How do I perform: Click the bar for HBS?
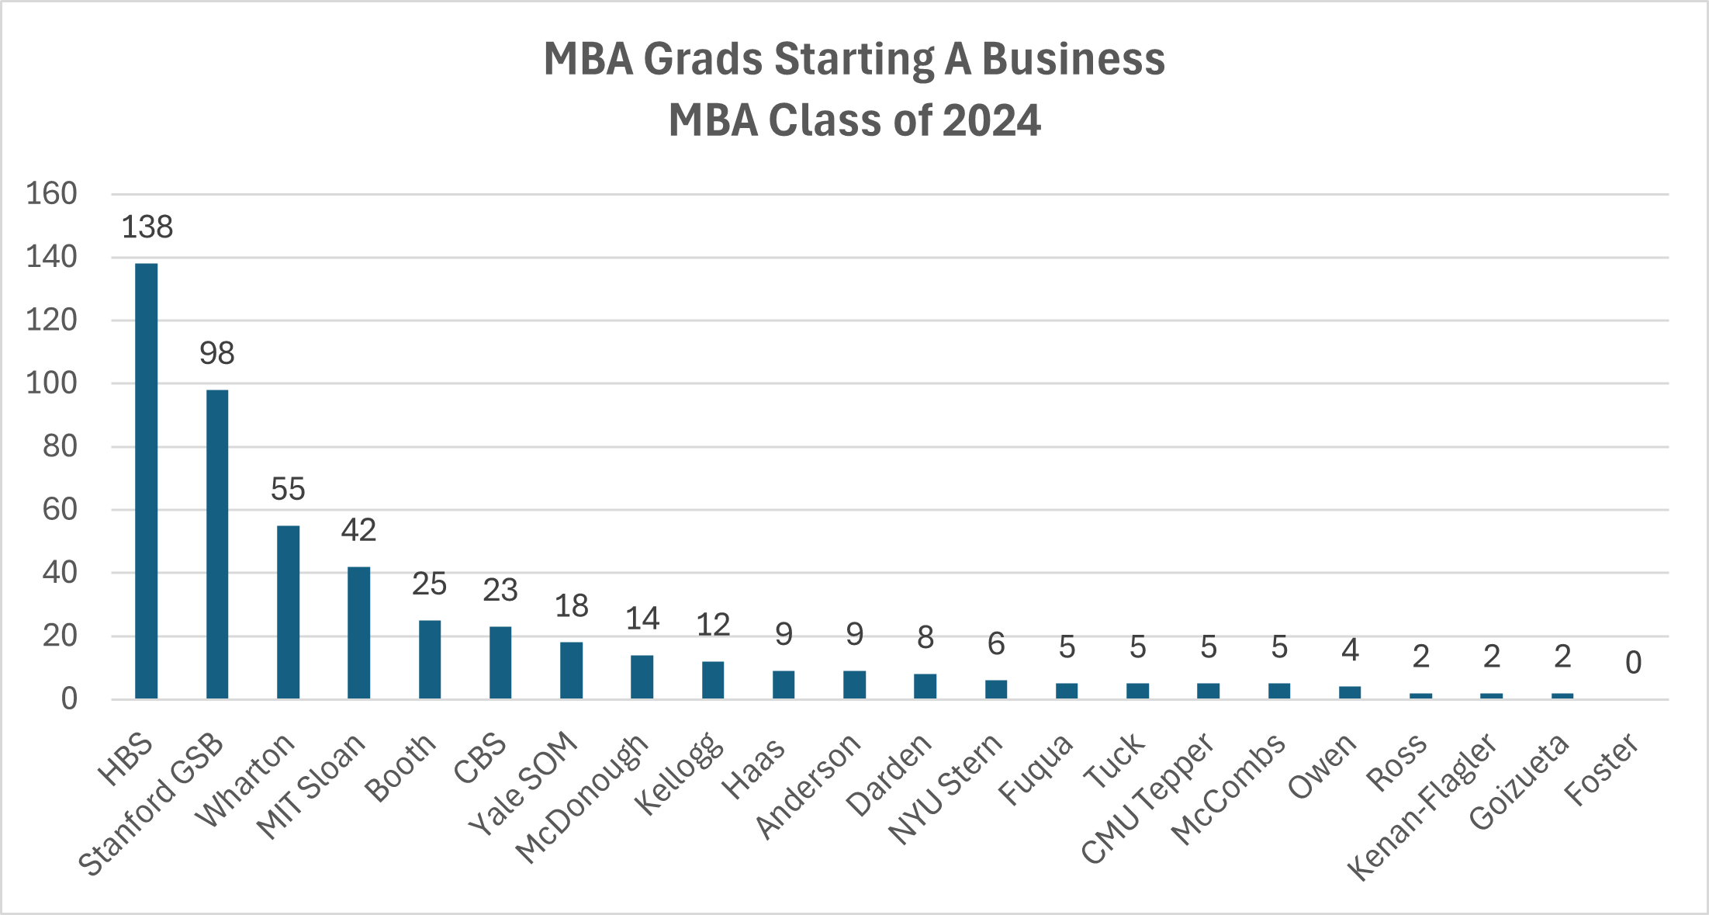pos(146,481)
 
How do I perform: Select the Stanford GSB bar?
pos(217,544)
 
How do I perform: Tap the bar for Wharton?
pos(288,612)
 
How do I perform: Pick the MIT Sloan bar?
pos(358,633)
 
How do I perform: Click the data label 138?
pos(147,227)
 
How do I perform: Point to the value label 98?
pos(217,354)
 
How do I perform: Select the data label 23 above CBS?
pos(500,591)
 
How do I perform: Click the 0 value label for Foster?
pos(1633,663)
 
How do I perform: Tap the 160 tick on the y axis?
pos(52,194)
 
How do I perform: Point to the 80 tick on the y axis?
pos(60,446)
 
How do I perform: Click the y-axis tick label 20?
pos(60,636)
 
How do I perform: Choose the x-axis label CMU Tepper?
pos(1148,799)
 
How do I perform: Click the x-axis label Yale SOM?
pos(524,784)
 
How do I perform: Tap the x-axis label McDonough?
pos(582,798)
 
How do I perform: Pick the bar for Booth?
pos(430,660)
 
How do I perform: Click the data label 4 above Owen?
pos(1350,650)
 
